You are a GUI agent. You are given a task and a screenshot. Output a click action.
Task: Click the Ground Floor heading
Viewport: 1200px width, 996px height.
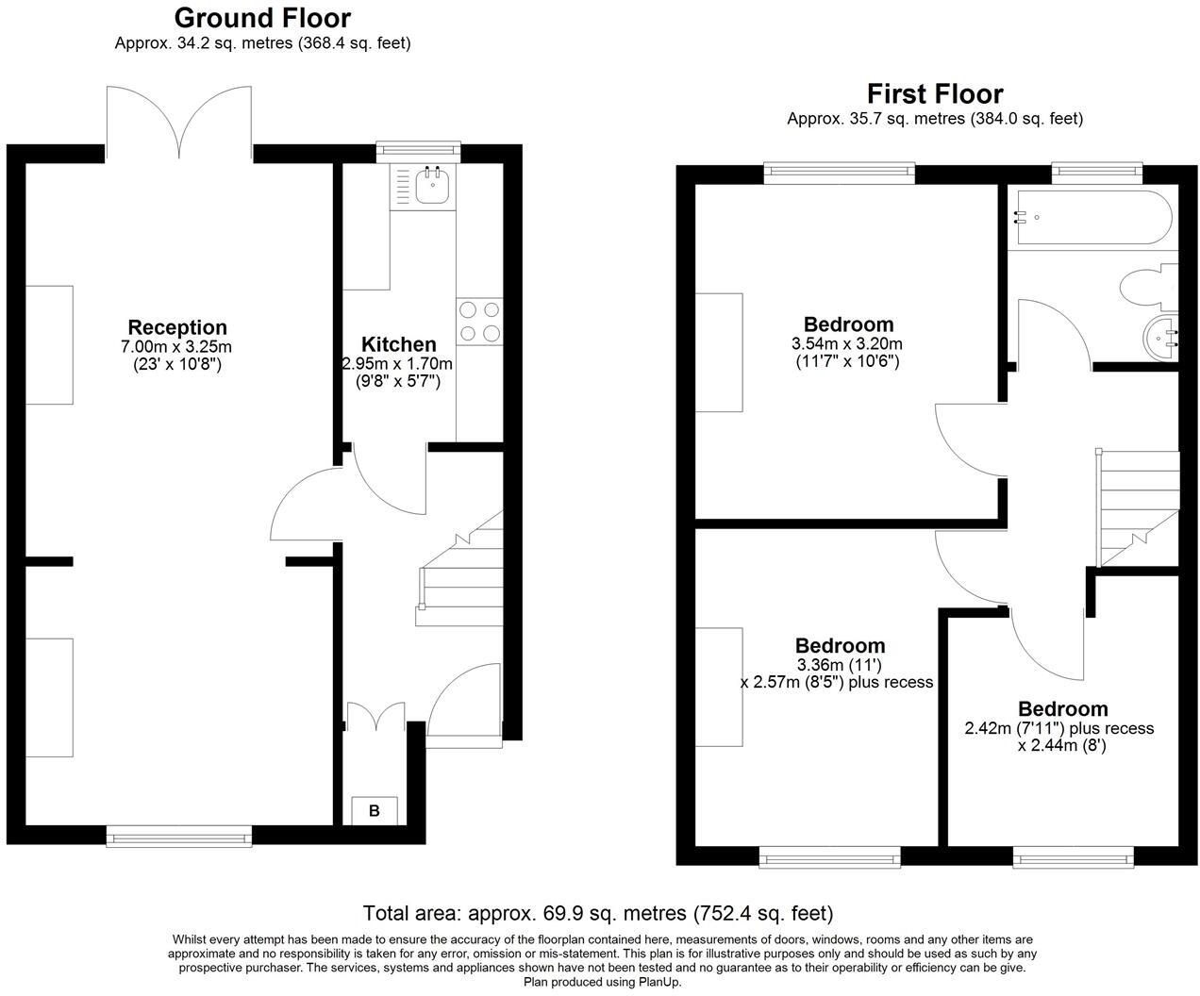tap(262, 18)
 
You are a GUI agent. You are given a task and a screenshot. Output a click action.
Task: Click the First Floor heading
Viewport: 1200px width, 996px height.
tap(935, 93)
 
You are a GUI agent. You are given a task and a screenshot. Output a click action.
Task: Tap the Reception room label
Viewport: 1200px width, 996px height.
tap(177, 327)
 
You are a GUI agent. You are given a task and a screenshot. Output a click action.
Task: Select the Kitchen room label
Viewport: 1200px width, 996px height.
tap(398, 344)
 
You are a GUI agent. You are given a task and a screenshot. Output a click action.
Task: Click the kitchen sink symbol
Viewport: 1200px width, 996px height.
tap(432, 186)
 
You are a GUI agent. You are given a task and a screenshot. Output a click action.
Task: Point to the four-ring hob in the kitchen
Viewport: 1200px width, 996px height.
tap(479, 321)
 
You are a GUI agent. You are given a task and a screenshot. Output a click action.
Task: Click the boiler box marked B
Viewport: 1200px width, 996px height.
tap(375, 810)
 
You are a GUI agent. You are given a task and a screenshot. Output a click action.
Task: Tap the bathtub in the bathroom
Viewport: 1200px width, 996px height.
tap(1091, 218)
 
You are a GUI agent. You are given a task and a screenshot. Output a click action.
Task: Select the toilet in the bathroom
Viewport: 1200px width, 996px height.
tap(1147, 287)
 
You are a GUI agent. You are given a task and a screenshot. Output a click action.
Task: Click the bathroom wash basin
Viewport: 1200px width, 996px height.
tap(1161, 335)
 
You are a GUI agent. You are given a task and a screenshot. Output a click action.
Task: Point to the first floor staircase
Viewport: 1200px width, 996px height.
tap(1137, 507)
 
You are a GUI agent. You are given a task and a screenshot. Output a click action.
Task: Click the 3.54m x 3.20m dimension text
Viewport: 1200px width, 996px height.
tap(846, 344)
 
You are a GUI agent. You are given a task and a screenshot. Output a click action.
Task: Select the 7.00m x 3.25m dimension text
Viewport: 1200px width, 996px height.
tap(176, 347)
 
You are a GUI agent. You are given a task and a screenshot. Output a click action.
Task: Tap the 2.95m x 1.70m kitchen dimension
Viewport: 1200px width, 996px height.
tap(397, 364)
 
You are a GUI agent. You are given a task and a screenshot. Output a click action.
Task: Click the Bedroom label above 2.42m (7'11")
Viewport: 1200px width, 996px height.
tap(1062, 709)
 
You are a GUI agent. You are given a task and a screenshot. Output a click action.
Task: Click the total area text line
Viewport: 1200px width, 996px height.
tap(598, 913)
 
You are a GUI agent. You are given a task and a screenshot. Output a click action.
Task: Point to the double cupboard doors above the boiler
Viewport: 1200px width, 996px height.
tap(375, 716)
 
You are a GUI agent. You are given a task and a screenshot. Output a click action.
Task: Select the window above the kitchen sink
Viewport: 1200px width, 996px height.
tap(418, 149)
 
